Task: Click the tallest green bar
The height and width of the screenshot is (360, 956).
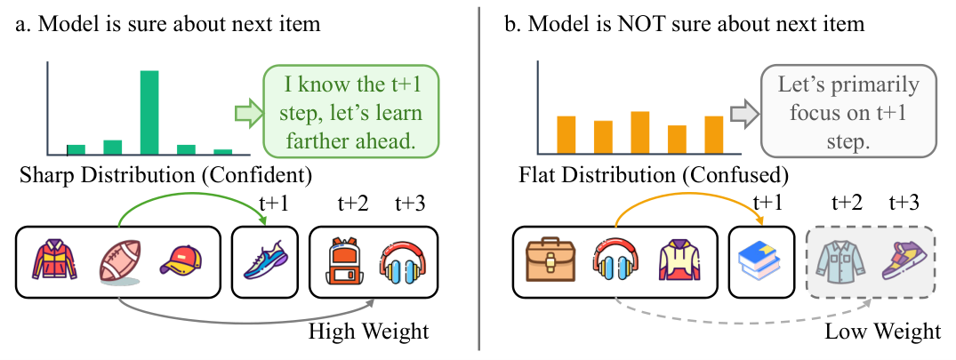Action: [149, 113]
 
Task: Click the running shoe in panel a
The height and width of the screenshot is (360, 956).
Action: [265, 260]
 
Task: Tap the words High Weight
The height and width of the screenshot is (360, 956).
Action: [368, 332]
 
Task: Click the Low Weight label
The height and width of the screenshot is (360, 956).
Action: [883, 332]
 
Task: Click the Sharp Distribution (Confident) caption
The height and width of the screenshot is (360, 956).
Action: [165, 176]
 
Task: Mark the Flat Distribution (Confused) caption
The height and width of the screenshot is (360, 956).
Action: [653, 176]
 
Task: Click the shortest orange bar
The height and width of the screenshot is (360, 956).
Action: [678, 140]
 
